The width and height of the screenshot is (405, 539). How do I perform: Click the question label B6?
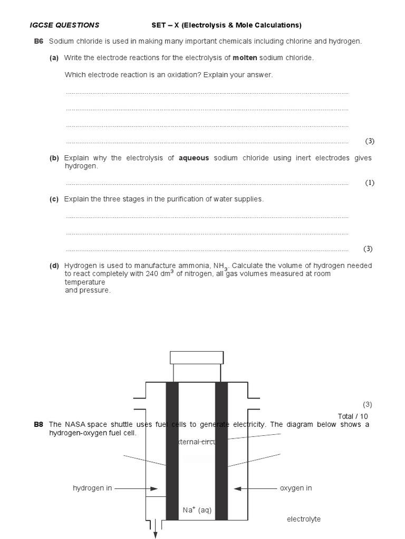point(38,42)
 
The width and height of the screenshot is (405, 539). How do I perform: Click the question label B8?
point(38,424)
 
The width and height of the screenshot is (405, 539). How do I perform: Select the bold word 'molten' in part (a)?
point(244,58)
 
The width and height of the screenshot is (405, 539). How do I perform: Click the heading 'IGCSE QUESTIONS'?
point(64,25)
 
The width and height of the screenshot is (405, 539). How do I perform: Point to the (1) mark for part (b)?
point(369,183)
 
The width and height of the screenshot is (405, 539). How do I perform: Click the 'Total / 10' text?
point(353,416)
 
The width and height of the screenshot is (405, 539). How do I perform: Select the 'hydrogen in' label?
point(92,488)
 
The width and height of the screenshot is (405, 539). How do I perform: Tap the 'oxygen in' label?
point(296,488)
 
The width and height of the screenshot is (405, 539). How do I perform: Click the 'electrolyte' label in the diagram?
point(304,520)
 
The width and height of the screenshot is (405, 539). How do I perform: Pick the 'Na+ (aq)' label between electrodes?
point(197,510)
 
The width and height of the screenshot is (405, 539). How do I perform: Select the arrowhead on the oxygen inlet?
point(237,488)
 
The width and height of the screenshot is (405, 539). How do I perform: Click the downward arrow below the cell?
point(156,534)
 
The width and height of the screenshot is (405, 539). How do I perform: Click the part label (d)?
point(54,266)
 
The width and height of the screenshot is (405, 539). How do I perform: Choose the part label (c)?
point(54,199)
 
